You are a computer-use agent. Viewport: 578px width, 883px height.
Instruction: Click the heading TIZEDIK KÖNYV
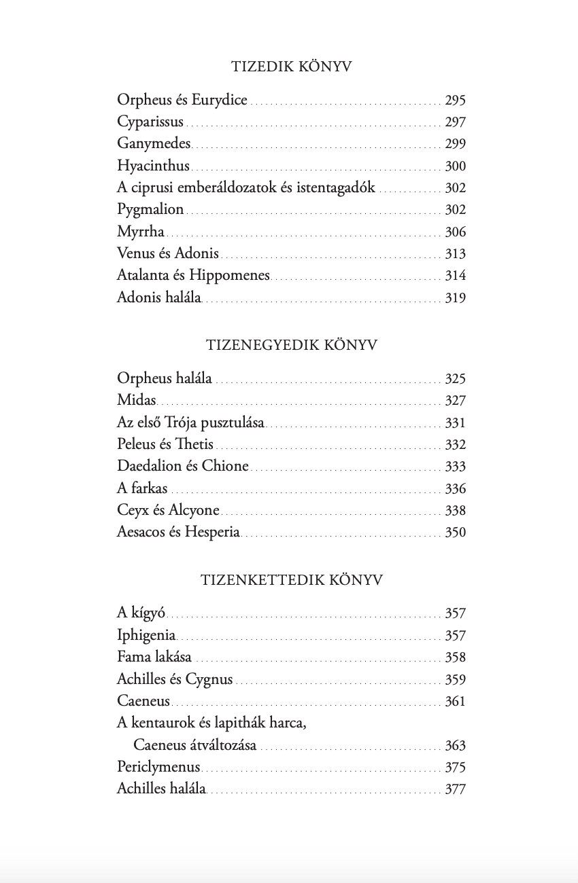(x=291, y=67)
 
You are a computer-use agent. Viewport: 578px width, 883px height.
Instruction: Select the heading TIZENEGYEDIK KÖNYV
(x=291, y=345)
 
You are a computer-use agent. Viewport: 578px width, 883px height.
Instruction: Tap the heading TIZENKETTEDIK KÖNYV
(x=291, y=580)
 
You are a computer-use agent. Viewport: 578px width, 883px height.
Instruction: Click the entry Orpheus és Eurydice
(x=182, y=101)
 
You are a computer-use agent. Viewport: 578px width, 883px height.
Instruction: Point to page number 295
(x=455, y=101)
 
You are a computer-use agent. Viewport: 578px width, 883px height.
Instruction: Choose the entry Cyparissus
(x=150, y=122)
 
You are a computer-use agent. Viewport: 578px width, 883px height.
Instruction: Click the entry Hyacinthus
(x=153, y=166)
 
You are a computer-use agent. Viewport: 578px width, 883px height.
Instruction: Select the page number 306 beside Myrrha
(x=455, y=232)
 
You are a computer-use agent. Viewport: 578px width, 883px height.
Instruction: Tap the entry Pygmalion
(x=150, y=209)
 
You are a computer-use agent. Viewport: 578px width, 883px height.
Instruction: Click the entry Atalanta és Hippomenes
(x=193, y=275)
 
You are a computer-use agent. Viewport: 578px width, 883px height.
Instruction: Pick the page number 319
(x=455, y=298)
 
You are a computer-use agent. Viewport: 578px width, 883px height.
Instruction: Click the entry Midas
(x=136, y=401)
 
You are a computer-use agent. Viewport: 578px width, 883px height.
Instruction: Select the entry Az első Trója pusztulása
(x=190, y=422)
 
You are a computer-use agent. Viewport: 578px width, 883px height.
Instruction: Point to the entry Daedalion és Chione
(x=182, y=467)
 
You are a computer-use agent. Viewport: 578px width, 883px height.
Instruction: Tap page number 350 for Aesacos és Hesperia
(x=455, y=533)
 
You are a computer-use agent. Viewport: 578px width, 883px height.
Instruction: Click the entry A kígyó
(x=141, y=613)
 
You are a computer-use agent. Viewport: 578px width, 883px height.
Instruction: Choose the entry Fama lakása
(x=154, y=657)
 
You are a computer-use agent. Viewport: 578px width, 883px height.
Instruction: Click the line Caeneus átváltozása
(x=194, y=745)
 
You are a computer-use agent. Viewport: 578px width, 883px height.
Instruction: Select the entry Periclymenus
(x=158, y=768)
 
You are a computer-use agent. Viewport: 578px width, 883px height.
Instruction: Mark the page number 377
(x=455, y=789)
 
